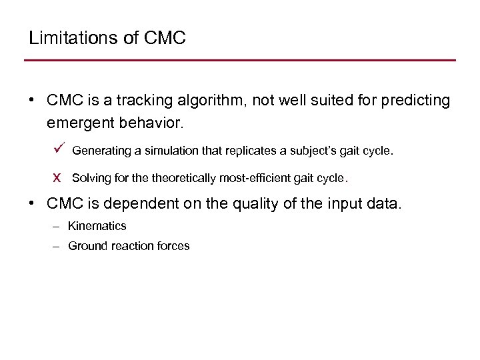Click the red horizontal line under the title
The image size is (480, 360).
point(240,61)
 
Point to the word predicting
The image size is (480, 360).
point(414,101)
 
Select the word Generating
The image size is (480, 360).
point(101,151)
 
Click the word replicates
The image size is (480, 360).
point(252,151)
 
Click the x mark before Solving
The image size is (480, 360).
point(57,178)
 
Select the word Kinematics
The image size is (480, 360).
point(97,226)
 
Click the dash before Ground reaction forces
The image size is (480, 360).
point(57,246)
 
